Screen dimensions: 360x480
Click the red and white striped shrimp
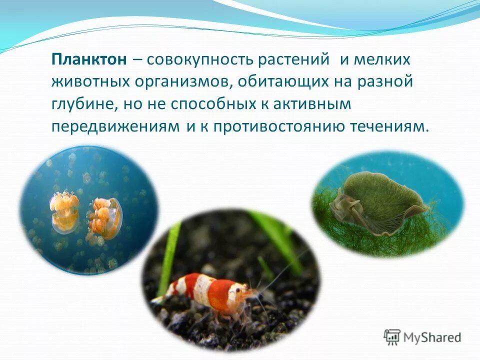click(x=210, y=292)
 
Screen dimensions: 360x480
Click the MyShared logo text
click(x=432, y=337)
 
